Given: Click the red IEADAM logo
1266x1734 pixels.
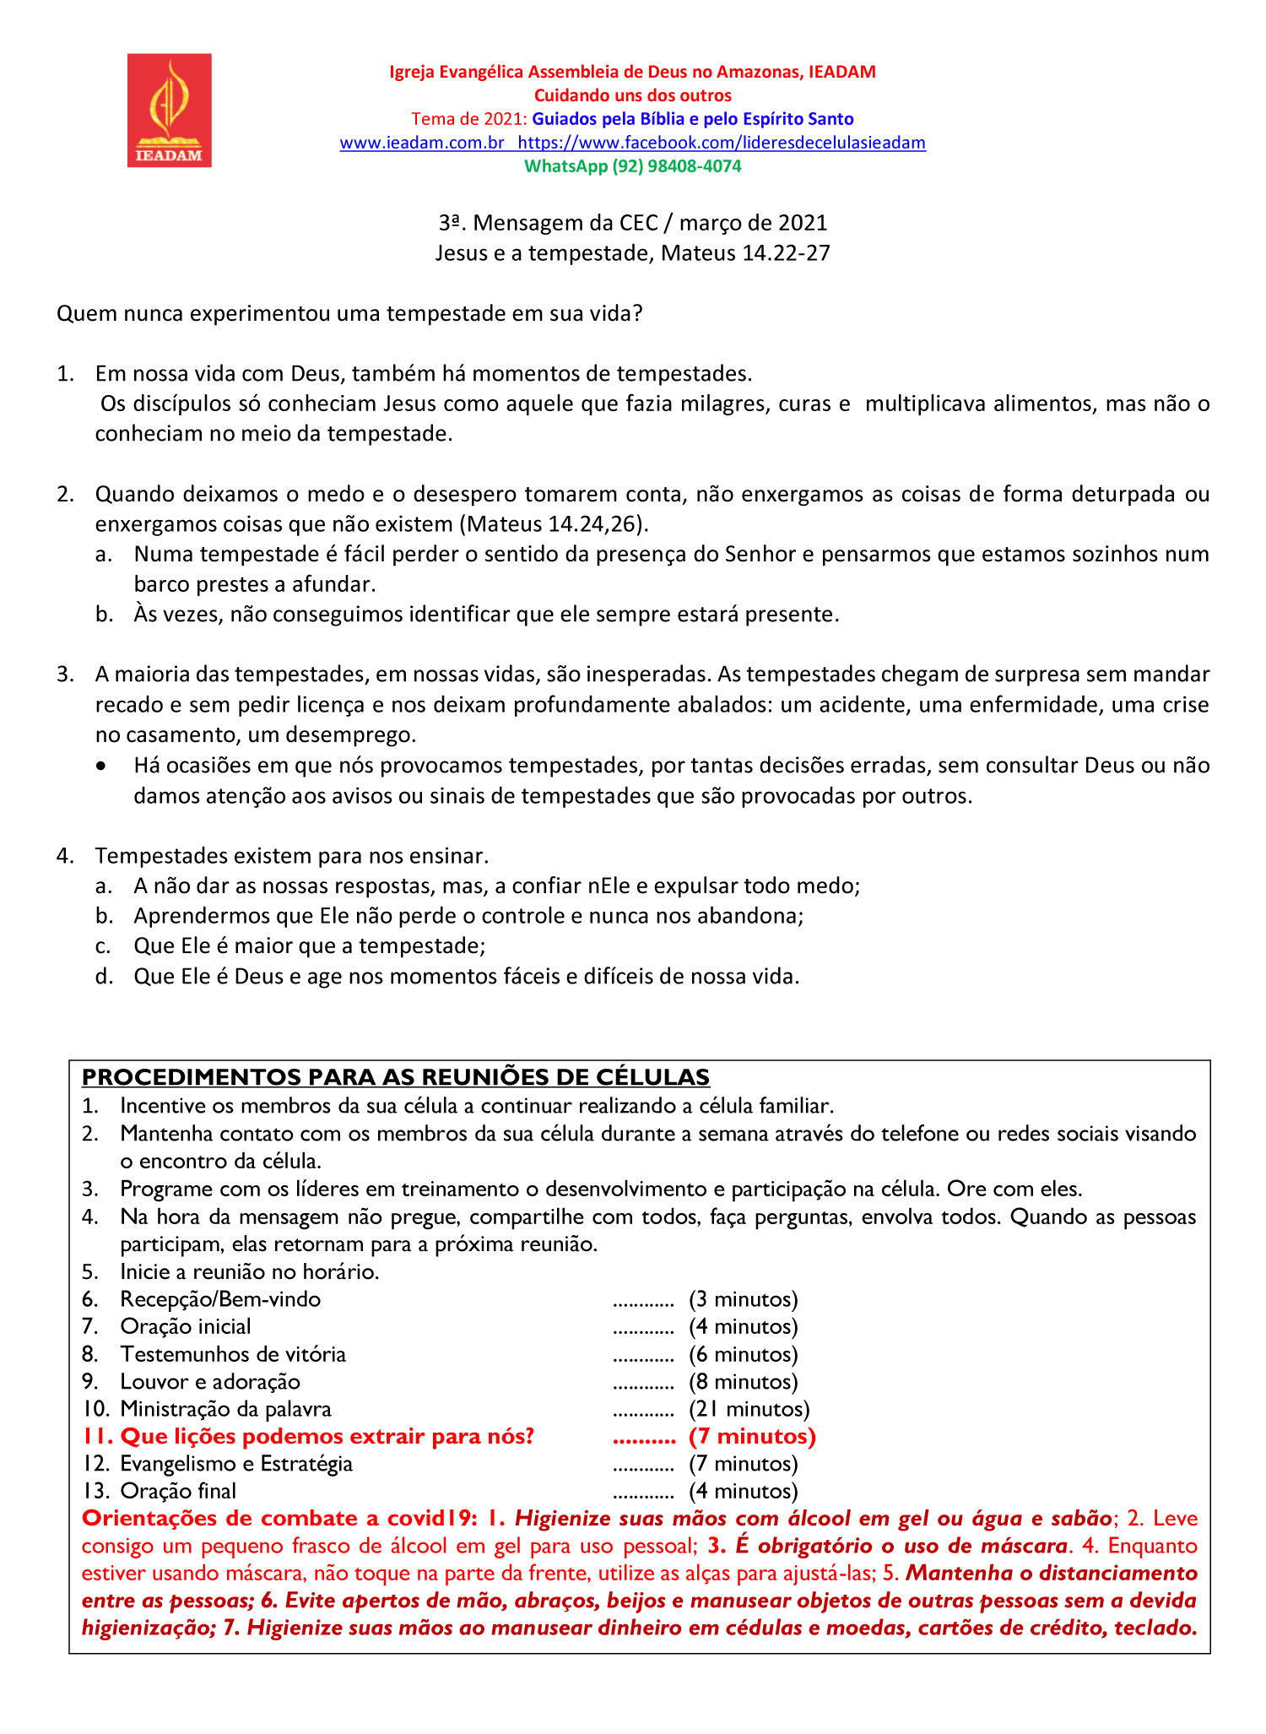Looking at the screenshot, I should coord(170,111).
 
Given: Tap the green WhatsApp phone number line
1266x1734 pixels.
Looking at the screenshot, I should coord(632,166).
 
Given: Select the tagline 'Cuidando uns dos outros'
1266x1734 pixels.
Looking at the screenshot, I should coord(632,95).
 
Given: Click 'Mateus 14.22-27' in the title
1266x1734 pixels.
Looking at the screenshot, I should coord(745,253).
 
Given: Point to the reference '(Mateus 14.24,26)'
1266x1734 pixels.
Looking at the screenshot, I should coord(554,524).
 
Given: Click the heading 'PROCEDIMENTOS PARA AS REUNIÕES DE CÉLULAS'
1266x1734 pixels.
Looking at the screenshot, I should coord(396,1077).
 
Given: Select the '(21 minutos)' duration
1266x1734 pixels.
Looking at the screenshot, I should coord(749,1409).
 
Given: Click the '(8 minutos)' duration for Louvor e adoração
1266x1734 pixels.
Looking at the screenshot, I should coord(743,1381).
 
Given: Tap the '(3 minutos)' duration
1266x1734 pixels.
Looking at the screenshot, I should coord(743,1299).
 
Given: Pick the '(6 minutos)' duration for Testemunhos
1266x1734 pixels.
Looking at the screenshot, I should coord(743,1354).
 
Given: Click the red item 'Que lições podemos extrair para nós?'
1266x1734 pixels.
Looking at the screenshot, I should coord(327,1436).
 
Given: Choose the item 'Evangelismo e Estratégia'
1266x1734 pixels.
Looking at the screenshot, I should coord(236,1464).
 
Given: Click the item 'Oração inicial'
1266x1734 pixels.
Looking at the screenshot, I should coord(186,1326).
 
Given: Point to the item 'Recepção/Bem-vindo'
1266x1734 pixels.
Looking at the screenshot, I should coord(220,1299).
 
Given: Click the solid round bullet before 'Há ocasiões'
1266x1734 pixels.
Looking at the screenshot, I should coord(102,767).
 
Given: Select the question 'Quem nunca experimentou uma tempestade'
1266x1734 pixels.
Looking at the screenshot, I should coord(349,314).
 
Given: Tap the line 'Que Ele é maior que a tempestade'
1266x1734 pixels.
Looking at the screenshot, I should coord(309,946).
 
